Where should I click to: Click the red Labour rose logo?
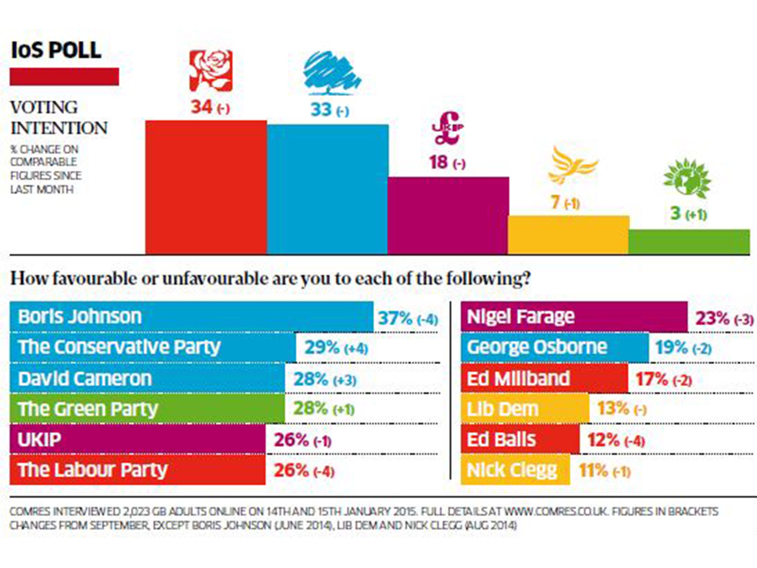point(211,71)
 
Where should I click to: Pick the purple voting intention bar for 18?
point(448,215)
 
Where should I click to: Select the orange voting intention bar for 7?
point(568,234)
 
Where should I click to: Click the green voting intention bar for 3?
point(689,241)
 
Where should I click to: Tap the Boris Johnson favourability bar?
point(191,317)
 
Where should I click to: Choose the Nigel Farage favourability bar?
point(574,317)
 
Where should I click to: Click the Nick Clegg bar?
point(515,470)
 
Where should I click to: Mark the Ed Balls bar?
point(520,440)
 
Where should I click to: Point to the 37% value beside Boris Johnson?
point(395,318)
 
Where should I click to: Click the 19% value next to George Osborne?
point(671,348)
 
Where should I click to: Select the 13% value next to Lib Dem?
point(613,409)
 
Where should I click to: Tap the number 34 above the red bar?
point(201,107)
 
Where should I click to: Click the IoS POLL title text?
point(56,50)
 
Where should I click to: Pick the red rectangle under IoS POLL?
point(64,77)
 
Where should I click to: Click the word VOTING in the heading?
point(44,108)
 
